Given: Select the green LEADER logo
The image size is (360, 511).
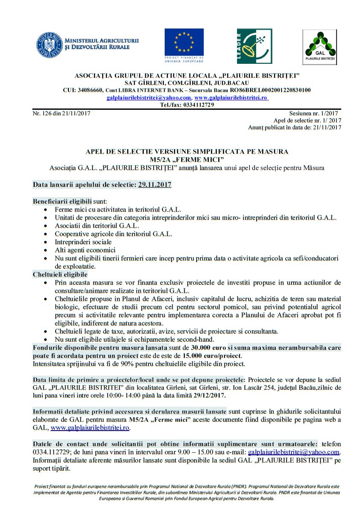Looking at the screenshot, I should [254, 46].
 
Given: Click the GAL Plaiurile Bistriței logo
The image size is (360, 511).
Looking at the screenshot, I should [319, 47].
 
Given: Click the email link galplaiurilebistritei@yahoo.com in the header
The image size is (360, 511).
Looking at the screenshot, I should [149, 97].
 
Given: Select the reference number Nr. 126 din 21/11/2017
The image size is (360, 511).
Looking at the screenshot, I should [61, 113].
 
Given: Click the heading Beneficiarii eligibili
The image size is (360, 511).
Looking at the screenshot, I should [63, 201].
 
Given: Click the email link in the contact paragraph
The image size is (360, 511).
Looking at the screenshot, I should [294, 452].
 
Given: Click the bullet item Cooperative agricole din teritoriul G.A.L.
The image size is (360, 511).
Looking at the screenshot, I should [113, 234].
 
